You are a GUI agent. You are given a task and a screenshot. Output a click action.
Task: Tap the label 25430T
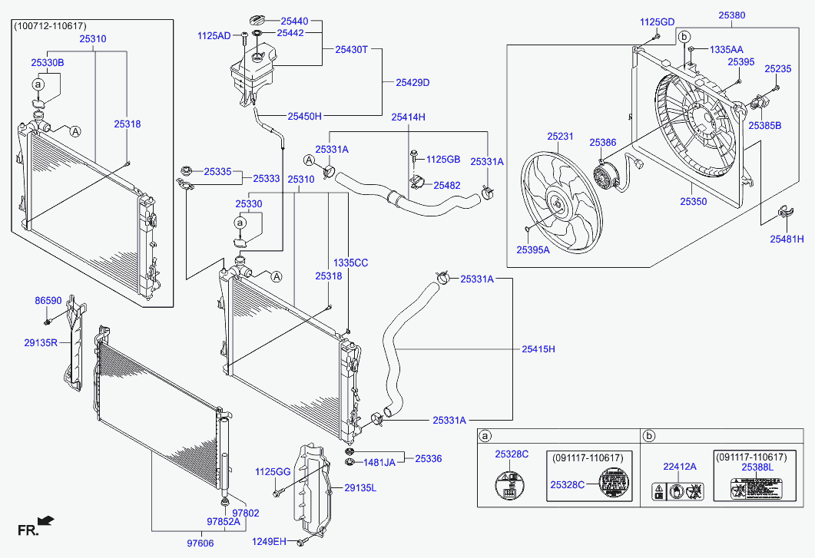(x=352, y=49)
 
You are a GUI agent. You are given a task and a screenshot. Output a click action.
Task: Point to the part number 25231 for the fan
(x=560, y=136)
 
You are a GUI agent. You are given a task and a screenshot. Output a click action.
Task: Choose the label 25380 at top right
(x=731, y=15)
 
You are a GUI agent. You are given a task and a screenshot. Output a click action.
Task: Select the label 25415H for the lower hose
(x=538, y=349)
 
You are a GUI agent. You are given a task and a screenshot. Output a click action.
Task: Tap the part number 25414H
(x=408, y=117)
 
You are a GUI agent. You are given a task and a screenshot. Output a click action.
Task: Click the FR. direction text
(x=28, y=530)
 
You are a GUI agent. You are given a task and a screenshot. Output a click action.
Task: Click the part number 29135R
(x=41, y=343)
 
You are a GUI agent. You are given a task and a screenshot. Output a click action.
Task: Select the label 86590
(x=48, y=301)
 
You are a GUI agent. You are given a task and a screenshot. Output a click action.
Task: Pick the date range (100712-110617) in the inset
(x=48, y=26)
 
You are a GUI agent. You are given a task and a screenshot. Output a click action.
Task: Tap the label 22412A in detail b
(x=679, y=466)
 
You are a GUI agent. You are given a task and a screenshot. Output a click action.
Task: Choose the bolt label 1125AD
(x=214, y=35)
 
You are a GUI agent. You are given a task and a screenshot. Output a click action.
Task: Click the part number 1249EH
(x=269, y=542)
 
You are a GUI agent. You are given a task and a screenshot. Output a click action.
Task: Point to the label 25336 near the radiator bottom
(x=429, y=458)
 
